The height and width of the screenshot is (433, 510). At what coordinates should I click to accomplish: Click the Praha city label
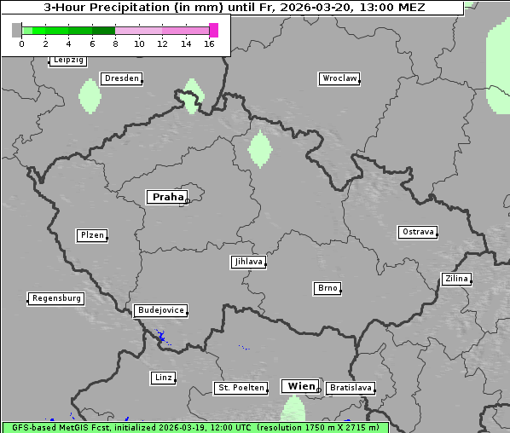point(167,197)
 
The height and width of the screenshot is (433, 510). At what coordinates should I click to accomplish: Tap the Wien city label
point(301,386)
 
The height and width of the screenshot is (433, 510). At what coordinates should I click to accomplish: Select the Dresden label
point(121,78)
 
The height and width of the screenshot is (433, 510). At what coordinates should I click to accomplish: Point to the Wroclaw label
point(339,78)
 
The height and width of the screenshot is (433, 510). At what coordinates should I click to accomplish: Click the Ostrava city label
point(418,232)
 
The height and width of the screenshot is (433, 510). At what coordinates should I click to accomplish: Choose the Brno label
point(327,288)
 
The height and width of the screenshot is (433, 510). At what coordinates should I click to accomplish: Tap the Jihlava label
point(248,262)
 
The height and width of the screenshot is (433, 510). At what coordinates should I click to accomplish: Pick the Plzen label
point(91,235)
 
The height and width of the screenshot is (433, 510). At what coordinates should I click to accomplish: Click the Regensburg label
point(56,298)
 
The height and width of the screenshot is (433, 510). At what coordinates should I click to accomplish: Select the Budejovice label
point(160,310)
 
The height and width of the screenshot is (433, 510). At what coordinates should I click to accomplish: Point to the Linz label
point(163,378)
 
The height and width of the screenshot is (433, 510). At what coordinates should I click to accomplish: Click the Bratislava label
point(351,388)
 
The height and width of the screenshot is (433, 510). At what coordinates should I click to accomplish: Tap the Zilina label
point(455,279)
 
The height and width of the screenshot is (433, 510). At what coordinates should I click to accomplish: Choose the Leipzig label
point(67,61)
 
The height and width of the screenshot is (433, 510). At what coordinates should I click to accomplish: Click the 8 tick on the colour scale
point(115,43)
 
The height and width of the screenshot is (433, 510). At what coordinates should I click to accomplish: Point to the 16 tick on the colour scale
point(209,43)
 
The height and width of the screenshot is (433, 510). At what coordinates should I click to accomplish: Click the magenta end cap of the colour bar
point(213,30)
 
